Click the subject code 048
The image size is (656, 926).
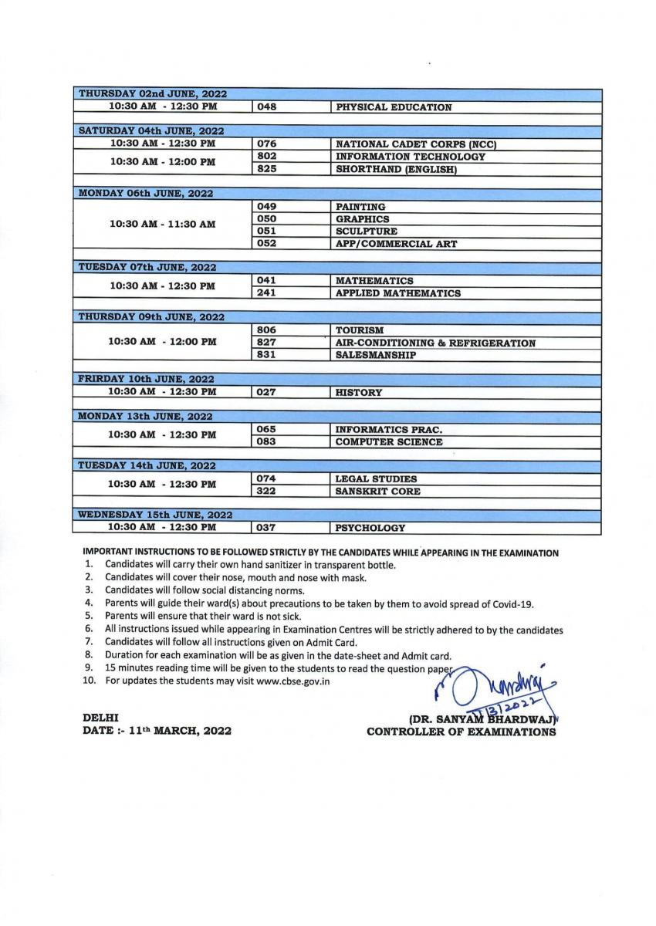(x=266, y=107)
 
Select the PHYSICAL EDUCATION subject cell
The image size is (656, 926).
(x=393, y=107)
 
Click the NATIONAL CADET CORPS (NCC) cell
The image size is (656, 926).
(x=415, y=144)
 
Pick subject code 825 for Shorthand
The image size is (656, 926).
(x=266, y=169)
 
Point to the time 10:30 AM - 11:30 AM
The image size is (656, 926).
(x=162, y=225)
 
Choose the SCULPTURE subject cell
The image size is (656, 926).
(x=367, y=231)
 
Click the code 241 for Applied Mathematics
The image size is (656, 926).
(x=266, y=293)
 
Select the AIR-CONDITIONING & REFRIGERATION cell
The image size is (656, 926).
(x=435, y=343)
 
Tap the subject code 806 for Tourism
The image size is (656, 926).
(x=266, y=330)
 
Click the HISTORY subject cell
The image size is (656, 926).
(x=359, y=392)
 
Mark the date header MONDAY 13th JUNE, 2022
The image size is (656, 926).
(x=146, y=417)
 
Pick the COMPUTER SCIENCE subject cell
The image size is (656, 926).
(x=389, y=441)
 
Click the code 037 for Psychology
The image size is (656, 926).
(x=266, y=528)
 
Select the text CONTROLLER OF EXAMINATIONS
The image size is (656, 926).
(x=461, y=732)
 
